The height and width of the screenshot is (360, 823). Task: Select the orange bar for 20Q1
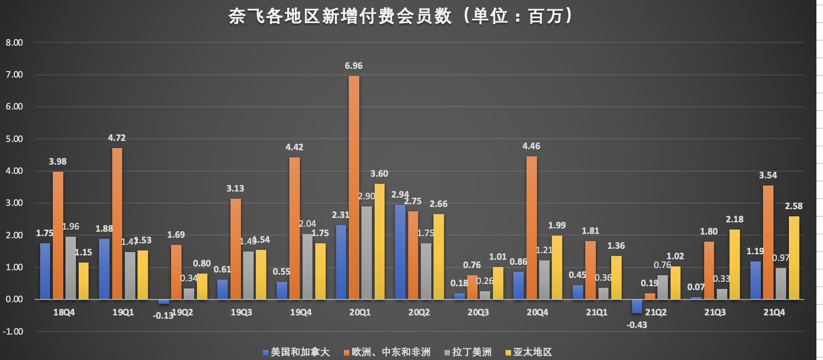click(x=354, y=187)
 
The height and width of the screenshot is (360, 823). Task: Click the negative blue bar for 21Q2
click(x=637, y=306)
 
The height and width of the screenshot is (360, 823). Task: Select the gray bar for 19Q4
click(x=307, y=266)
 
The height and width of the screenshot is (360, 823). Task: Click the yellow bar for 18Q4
click(x=84, y=281)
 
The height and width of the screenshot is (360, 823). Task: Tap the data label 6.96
click(x=354, y=66)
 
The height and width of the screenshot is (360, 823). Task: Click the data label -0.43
click(x=637, y=324)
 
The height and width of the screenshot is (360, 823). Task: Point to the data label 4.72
click(x=117, y=138)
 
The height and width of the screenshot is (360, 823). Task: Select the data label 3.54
click(x=768, y=176)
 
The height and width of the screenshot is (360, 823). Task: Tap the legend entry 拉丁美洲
click(x=471, y=352)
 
